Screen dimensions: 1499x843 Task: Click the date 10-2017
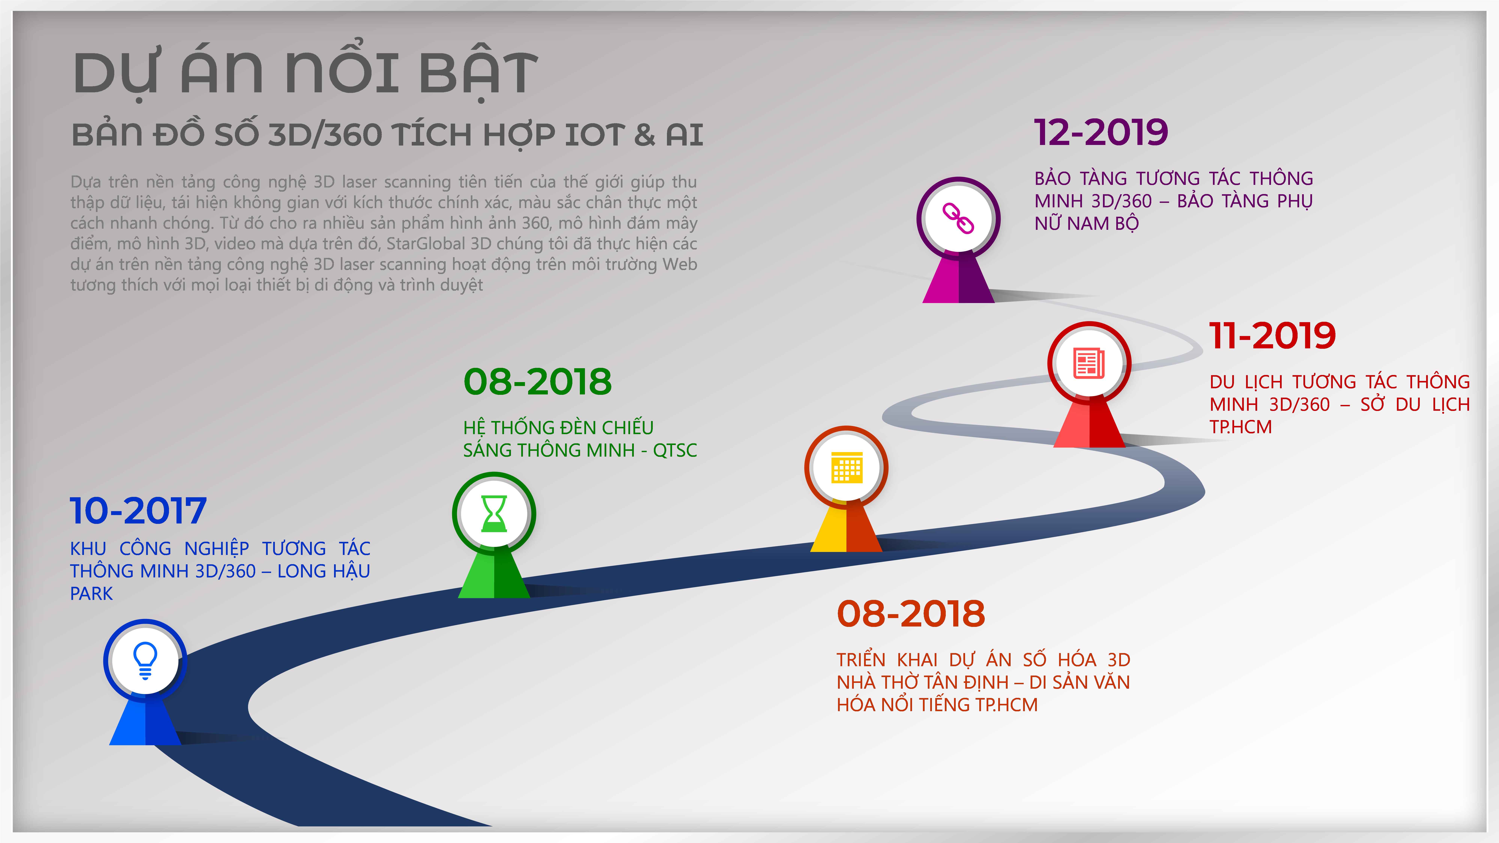pyautogui.click(x=138, y=511)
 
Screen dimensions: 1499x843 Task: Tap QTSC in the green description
pyautogui.click(x=675, y=450)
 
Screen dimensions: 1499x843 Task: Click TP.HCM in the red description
pyautogui.click(x=1241, y=427)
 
